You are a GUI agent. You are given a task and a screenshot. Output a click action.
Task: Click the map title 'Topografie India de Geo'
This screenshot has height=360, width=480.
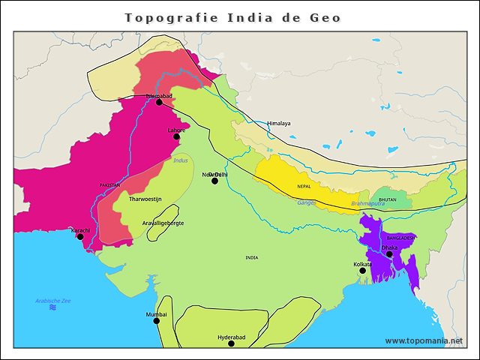coord(232,17)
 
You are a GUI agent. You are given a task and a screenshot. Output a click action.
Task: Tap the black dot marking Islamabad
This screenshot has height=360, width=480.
coord(159,102)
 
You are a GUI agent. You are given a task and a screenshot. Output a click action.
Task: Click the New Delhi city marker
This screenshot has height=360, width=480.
coord(214,181)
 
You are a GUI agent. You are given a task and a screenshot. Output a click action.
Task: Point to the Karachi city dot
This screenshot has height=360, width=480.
coord(80,236)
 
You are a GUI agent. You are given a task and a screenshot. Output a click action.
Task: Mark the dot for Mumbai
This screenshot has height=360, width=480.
coord(157,321)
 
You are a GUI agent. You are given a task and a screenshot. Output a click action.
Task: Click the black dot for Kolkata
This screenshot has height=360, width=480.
coord(362,271)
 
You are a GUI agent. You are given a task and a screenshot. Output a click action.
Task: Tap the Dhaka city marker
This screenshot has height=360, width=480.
coord(389,254)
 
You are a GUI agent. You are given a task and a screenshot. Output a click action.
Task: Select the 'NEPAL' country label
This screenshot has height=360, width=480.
coord(304,186)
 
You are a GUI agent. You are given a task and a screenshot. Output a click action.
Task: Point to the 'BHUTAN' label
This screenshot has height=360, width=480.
coord(388,199)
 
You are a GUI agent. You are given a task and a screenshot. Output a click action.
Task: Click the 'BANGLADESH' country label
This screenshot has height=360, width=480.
coord(400,238)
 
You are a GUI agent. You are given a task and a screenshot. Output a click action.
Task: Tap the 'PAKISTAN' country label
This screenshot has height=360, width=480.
coord(109,184)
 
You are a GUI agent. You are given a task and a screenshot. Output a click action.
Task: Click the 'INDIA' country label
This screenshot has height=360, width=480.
coord(251,257)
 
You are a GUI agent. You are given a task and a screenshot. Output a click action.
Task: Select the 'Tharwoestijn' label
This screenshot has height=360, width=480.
coord(145,199)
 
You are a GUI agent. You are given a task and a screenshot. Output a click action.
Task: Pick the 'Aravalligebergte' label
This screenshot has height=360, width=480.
coord(163,223)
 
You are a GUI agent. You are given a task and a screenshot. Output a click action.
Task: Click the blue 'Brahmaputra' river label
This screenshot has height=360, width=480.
coord(367,203)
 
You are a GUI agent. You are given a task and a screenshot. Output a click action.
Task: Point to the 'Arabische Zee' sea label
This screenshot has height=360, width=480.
coord(52,300)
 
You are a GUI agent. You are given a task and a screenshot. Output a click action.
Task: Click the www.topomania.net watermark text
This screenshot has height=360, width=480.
coord(424,340)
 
